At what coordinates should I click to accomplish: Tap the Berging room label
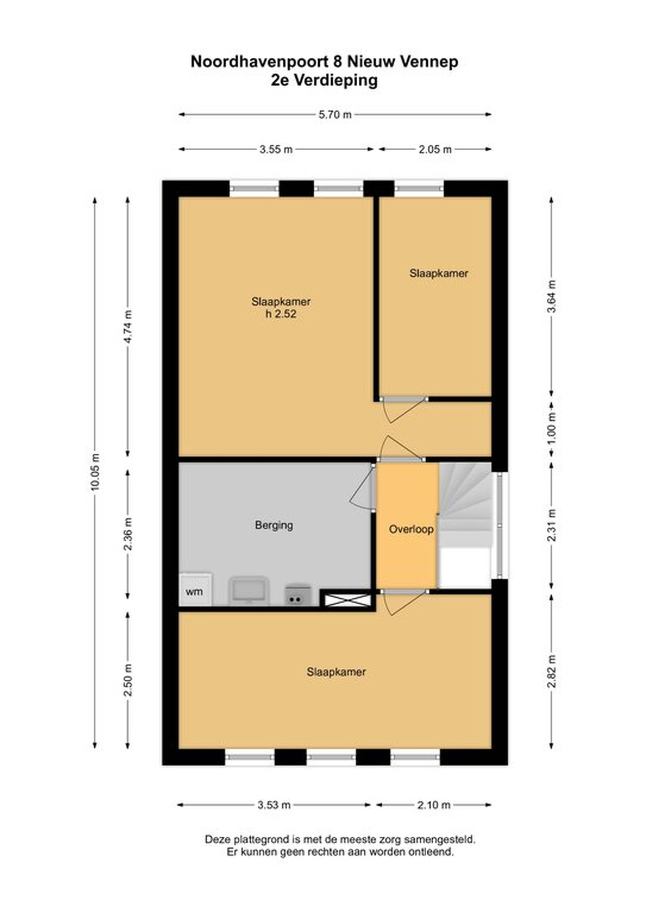274,525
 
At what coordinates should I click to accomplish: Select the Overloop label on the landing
411,529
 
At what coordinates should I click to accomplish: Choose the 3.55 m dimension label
276,150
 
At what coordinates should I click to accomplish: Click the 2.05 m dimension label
435,150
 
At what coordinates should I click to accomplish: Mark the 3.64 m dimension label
551,297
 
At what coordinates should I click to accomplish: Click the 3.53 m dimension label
274,805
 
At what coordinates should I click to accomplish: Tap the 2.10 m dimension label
434,805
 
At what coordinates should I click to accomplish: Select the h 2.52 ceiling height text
281,314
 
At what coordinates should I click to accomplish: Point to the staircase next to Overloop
465,525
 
